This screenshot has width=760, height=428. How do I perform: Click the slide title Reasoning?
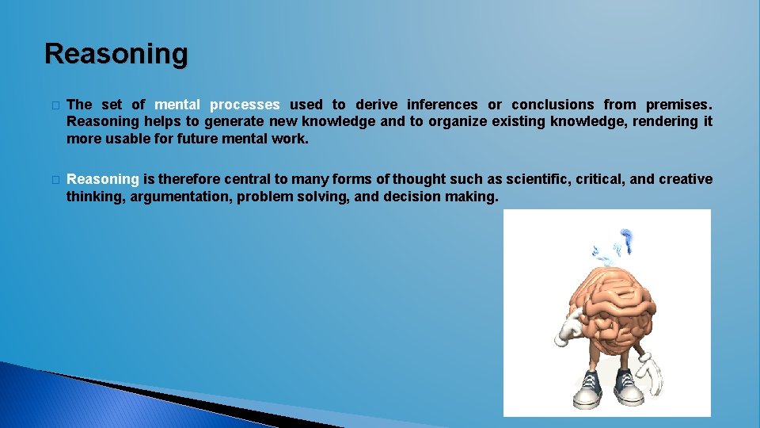(x=116, y=54)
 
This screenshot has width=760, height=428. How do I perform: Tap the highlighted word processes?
(x=245, y=105)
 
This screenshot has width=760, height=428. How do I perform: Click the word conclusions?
(x=553, y=105)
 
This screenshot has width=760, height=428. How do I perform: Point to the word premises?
(x=678, y=105)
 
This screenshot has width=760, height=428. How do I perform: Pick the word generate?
(x=234, y=121)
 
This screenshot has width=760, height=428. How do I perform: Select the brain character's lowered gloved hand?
(x=652, y=368)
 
